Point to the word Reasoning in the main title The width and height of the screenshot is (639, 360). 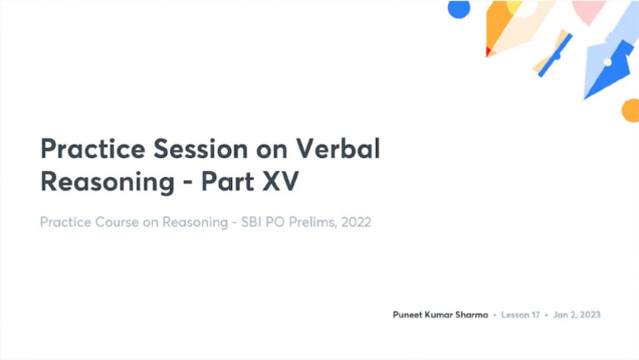click(104, 181)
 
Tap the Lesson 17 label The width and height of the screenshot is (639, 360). click(520, 315)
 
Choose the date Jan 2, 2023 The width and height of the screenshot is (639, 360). click(576, 315)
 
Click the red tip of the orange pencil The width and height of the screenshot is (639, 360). click(488, 52)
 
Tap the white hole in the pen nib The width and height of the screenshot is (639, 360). click(608, 62)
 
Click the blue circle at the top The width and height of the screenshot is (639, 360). click(458, 7)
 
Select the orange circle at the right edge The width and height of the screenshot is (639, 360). click(632, 110)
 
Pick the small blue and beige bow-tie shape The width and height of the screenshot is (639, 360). click(554, 54)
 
